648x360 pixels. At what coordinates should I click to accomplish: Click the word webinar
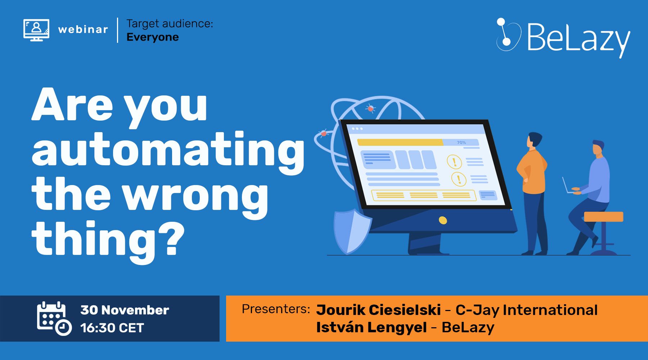click(83, 30)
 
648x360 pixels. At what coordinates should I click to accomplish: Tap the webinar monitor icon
click(36, 30)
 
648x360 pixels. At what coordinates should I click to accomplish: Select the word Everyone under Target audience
click(153, 37)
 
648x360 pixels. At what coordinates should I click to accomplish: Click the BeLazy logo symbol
click(508, 35)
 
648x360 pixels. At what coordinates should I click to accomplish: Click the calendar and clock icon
click(54, 319)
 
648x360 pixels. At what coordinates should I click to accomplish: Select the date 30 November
click(125, 310)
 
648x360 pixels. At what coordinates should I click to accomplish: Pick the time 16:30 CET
click(112, 328)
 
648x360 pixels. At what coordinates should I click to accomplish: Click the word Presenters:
click(276, 309)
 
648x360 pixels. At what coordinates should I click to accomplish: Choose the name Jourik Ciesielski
click(378, 310)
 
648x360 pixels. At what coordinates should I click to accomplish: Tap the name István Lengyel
click(372, 328)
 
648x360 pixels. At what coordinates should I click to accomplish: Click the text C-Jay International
click(527, 310)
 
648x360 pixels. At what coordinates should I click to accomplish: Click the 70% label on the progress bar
click(462, 143)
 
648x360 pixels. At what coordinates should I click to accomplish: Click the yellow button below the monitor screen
click(443, 220)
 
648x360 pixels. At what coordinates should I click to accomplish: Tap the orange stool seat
click(603, 217)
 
